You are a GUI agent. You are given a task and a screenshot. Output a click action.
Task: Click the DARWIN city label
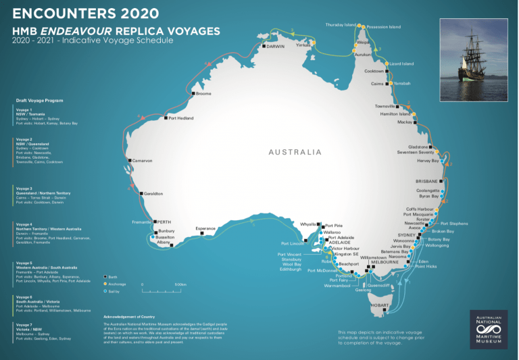coord(276,47)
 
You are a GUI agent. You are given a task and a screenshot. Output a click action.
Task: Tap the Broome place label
coord(203,93)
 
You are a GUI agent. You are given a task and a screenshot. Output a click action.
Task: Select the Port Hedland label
coord(180,118)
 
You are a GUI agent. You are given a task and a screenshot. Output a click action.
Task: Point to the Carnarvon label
coord(143,161)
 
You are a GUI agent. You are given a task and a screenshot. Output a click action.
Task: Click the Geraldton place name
coord(153,194)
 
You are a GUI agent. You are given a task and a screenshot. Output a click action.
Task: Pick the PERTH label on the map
coord(165,222)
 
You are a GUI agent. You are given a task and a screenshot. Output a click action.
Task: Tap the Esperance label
coord(205,228)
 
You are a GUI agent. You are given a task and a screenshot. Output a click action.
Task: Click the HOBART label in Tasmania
coord(380,305)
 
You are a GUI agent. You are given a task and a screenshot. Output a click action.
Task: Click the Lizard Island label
coord(401,63)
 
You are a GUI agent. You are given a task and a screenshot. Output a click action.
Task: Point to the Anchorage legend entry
coord(117,284)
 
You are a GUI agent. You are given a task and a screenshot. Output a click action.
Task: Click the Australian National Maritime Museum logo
coord(488,328)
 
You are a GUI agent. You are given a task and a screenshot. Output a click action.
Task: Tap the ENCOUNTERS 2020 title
coord(86,14)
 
